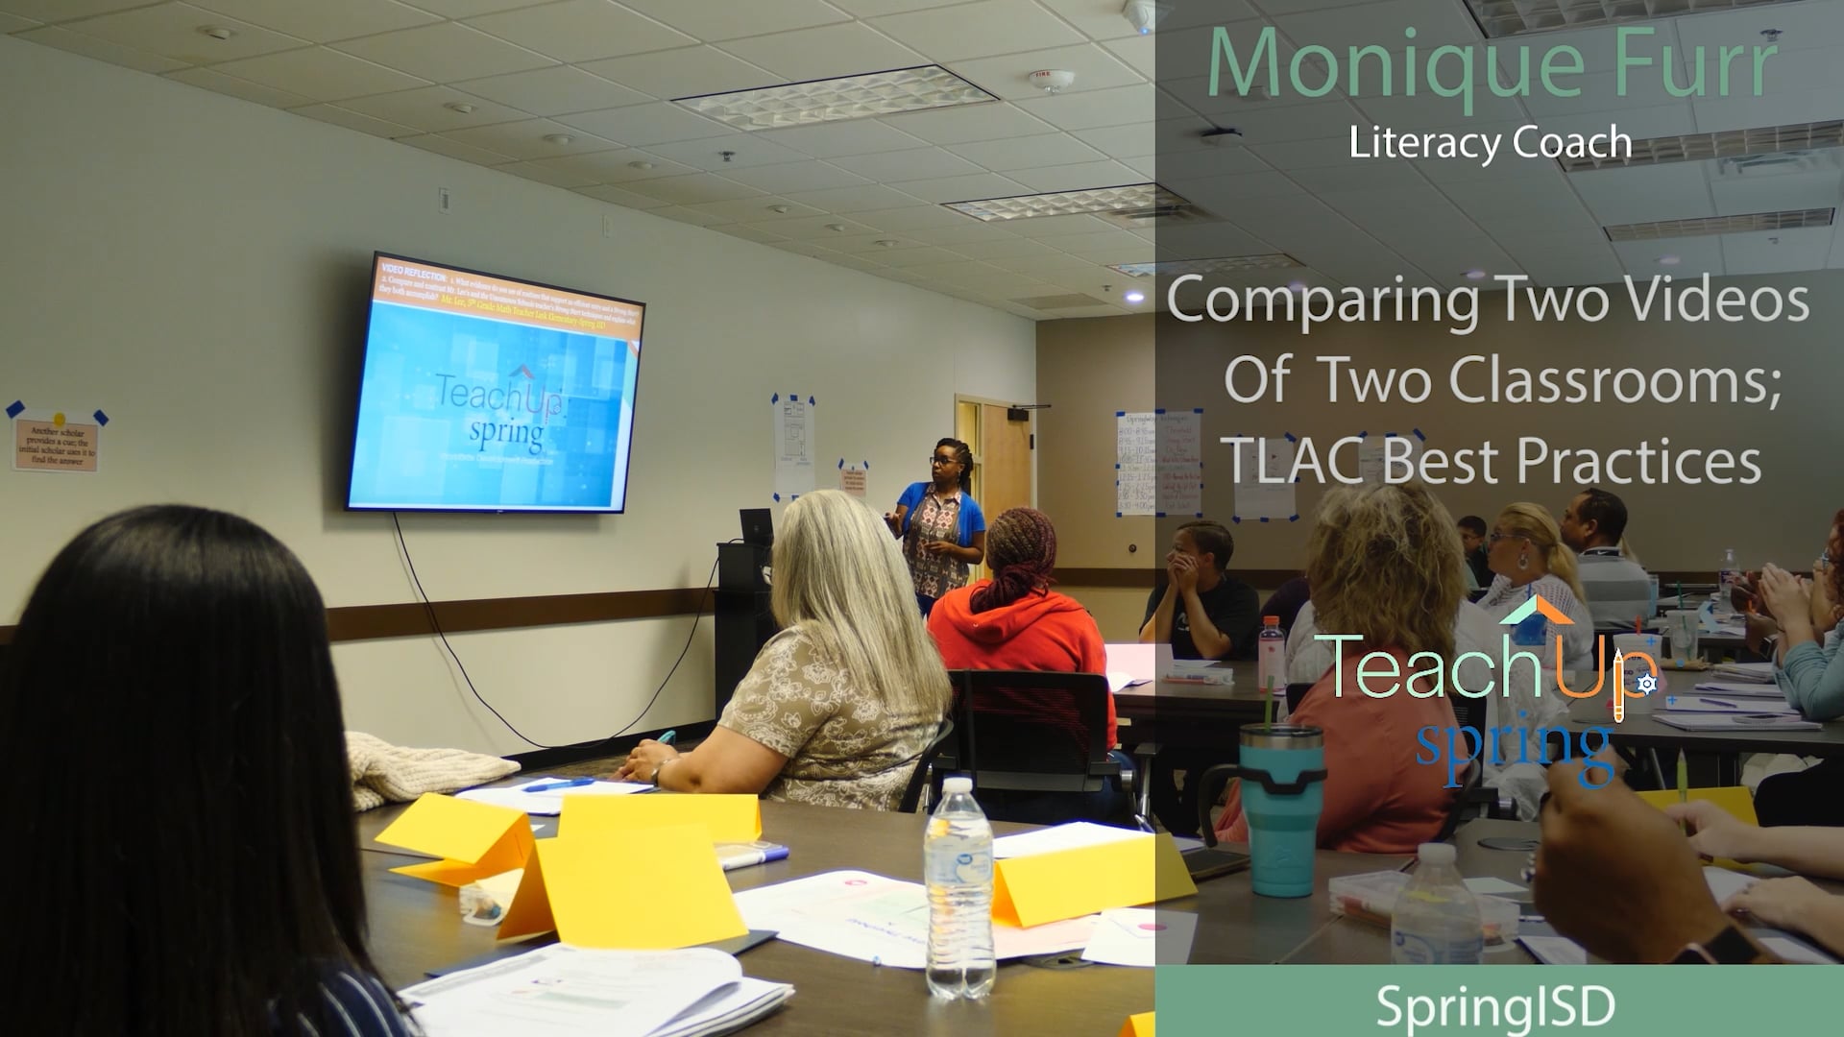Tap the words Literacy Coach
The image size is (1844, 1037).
[x=1490, y=142]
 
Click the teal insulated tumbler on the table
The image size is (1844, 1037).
[x=1280, y=807]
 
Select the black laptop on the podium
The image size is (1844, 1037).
[x=756, y=527]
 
